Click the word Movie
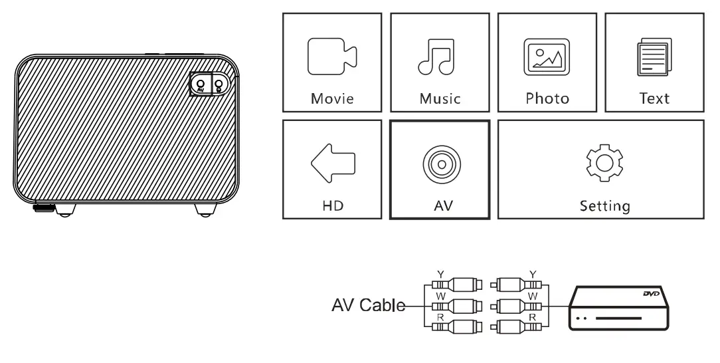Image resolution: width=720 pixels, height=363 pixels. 332,99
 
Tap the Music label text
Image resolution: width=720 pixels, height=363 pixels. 440,99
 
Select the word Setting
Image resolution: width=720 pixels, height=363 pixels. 604,206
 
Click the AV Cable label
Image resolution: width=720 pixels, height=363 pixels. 367,306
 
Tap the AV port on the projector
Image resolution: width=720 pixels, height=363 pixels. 201,84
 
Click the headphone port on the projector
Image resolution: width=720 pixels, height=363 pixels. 217,84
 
